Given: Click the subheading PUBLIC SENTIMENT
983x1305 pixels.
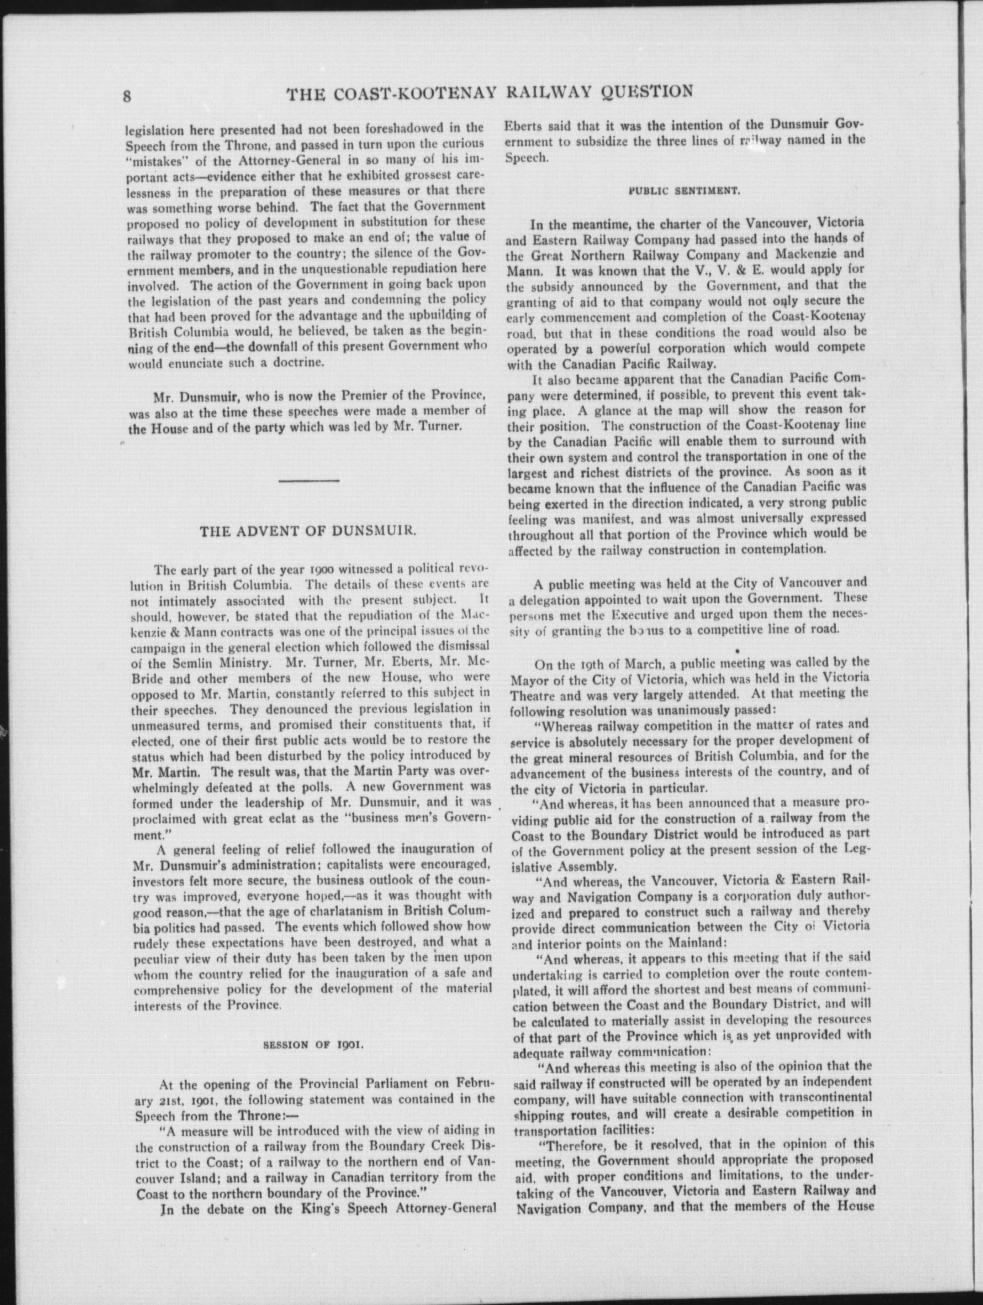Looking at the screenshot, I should point(685,192).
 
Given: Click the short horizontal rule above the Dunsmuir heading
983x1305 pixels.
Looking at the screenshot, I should point(309,481).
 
